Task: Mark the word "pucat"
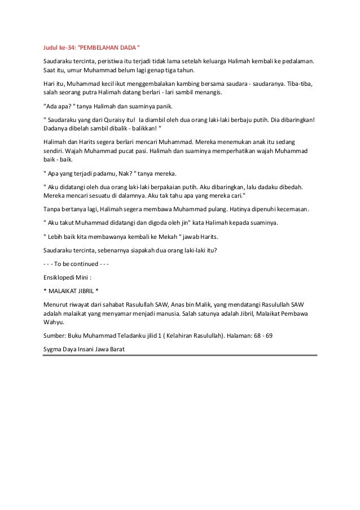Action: tap(131, 151)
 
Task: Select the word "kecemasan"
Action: tap(289, 209)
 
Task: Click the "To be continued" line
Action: tap(76, 263)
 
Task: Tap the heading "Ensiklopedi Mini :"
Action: tap(68, 276)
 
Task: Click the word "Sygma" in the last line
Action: tap(54, 348)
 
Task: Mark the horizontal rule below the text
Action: tap(181, 356)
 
